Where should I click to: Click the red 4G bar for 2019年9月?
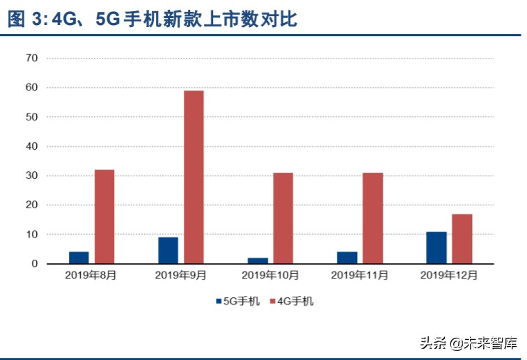(x=194, y=177)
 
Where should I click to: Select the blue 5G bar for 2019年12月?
(x=436, y=248)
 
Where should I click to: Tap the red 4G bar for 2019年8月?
(x=104, y=217)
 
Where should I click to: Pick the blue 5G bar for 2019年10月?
(x=258, y=260)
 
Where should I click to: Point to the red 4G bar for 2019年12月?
(x=462, y=239)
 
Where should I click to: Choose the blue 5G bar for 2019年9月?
(x=168, y=251)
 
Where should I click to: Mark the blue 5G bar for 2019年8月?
(x=79, y=258)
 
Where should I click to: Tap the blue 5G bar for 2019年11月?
(x=347, y=258)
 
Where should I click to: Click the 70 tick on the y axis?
(x=31, y=58)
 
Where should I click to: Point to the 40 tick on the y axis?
(x=31, y=146)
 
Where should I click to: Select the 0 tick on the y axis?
(x=34, y=264)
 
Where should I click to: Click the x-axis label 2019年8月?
(x=91, y=276)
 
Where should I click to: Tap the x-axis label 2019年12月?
(x=449, y=276)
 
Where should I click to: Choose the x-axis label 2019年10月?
(x=270, y=276)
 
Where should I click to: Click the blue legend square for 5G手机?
(x=217, y=302)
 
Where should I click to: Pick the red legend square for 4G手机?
(x=272, y=302)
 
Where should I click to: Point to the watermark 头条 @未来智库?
(x=468, y=343)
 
